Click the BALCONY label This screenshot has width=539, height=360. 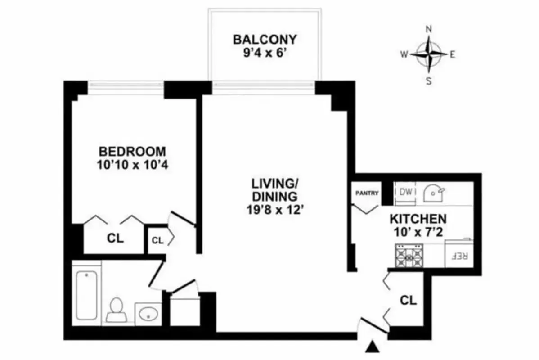pyautogui.click(x=265, y=39)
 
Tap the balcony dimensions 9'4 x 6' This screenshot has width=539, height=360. pyautogui.click(x=265, y=52)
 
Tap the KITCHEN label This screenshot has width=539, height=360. pyautogui.click(x=418, y=220)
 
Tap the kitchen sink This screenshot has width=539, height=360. pyautogui.click(x=433, y=192)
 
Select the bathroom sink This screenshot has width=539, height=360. pyautogui.click(x=148, y=312)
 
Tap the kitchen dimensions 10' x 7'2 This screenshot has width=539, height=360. pyautogui.click(x=418, y=233)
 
